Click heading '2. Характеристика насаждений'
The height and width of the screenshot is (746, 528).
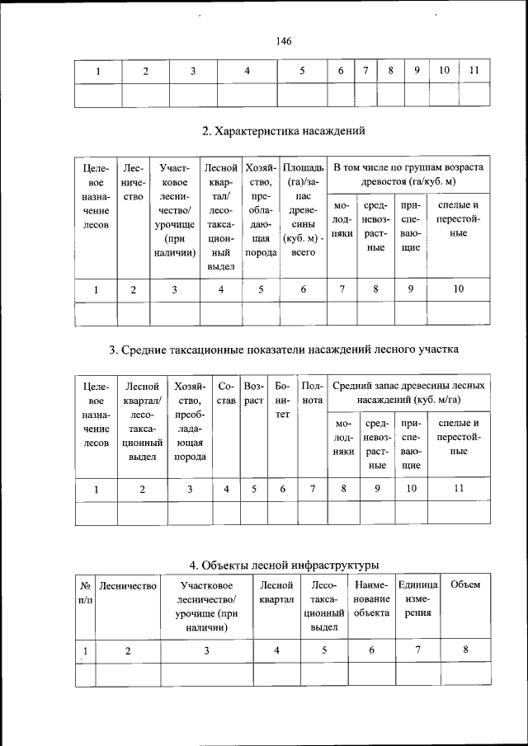click(x=284, y=130)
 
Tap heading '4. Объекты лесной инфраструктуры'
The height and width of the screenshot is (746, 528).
click(x=284, y=565)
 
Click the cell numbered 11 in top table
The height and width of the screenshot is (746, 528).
click(x=474, y=71)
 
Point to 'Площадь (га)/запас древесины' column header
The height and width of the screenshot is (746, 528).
click(x=304, y=211)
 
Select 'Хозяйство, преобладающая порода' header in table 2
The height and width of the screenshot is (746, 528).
click(x=261, y=211)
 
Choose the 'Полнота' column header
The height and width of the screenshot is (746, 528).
click(x=312, y=386)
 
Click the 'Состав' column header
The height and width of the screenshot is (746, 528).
click(x=226, y=392)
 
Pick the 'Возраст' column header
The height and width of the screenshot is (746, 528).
click(x=254, y=392)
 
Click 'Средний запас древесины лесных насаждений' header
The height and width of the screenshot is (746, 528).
click(x=408, y=392)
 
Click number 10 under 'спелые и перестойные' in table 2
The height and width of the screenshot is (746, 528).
click(x=459, y=289)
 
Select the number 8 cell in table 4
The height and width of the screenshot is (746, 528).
click(x=465, y=650)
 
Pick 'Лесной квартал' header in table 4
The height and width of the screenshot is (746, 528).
click(x=276, y=592)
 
